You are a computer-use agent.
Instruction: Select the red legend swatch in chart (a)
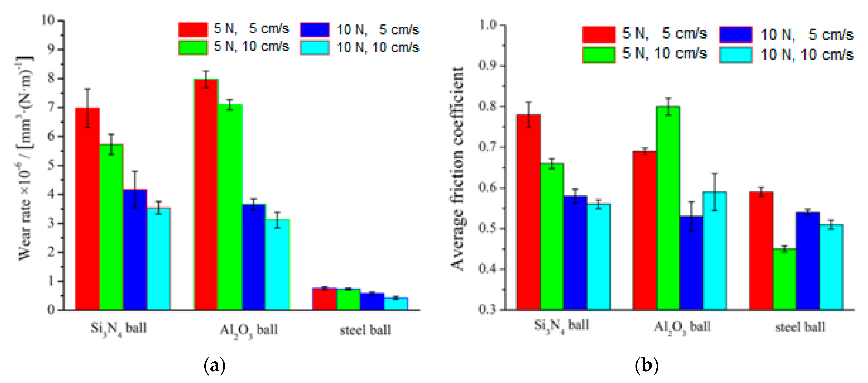pyautogui.click(x=193, y=29)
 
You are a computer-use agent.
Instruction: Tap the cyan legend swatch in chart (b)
pyautogui.click(x=736, y=55)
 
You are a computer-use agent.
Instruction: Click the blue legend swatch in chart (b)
pyautogui.click(x=736, y=34)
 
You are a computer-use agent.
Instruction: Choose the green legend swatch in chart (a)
pyautogui.click(x=193, y=47)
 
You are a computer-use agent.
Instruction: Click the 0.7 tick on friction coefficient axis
pyautogui.click(x=487, y=147)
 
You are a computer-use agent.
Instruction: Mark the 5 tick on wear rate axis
pyautogui.click(x=51, y=165)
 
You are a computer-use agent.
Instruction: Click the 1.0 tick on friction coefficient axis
pyautogui.click(x=487, y=25)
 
